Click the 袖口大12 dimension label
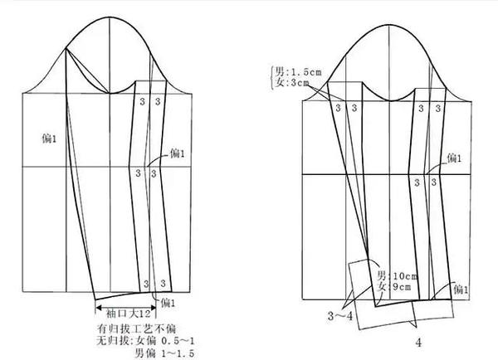click(128, 314)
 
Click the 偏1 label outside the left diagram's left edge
click(51, 135)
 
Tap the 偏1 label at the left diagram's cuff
click(169, 302)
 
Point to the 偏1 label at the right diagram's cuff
click(461, 290)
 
